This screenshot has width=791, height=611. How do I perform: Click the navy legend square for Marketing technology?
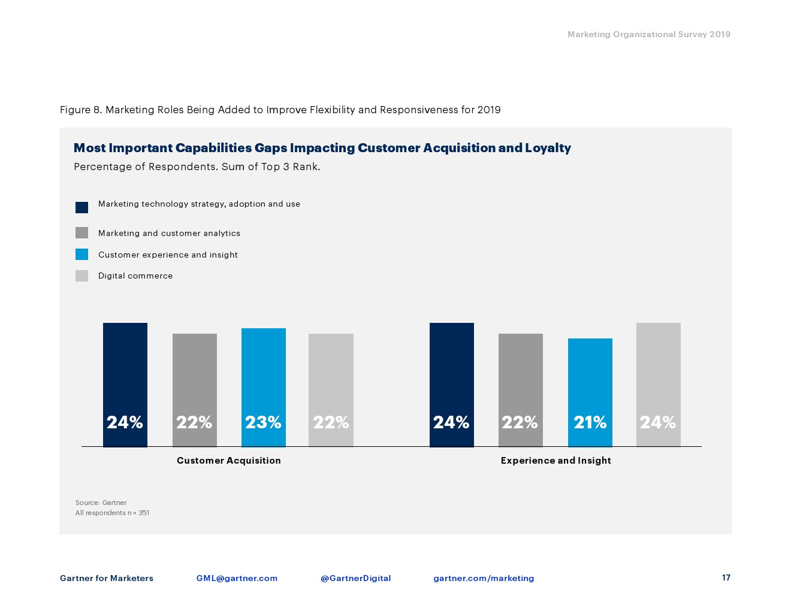click(x=82, y=207)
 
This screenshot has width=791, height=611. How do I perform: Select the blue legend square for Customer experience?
click(x=82, y=255)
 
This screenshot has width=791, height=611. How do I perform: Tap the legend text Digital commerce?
click(x=135, y=276)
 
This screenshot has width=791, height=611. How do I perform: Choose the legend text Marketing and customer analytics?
click(x=169, y=234)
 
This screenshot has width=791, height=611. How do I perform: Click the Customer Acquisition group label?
click(x=229, y=461)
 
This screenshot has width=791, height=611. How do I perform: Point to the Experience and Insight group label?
click(x=555, y=461)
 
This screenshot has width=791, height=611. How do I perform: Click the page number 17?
click(x=726, y=577)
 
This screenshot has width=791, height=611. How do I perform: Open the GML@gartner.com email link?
click(x=237, y=578)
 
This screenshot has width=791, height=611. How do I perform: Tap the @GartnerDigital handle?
click(x=355, y=578)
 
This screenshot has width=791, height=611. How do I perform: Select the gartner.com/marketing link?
click(x=484, y=578)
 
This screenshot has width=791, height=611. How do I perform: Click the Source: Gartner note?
click(x=101, y=503)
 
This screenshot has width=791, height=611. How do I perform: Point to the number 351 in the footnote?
click(x=144, y=513)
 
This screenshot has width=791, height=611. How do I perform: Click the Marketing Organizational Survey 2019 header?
click(x=649, y=34)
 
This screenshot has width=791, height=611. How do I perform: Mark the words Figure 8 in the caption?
click(x=81, y=110)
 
